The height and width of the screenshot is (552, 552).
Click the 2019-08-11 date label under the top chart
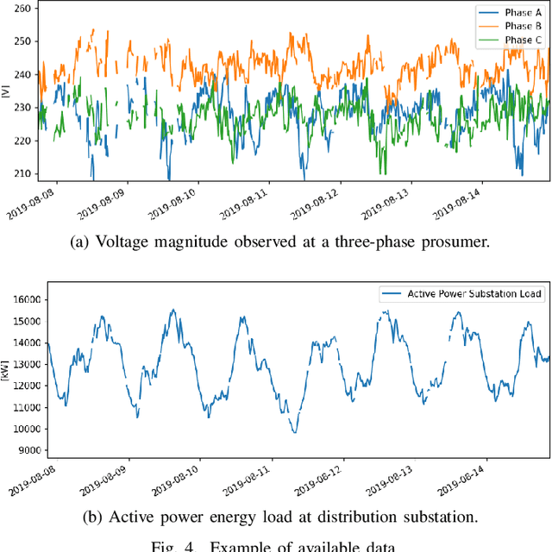pos(244,205)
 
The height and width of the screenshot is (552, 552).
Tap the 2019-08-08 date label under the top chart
pos(32,205)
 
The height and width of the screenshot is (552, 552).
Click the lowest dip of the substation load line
pos(294,432)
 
